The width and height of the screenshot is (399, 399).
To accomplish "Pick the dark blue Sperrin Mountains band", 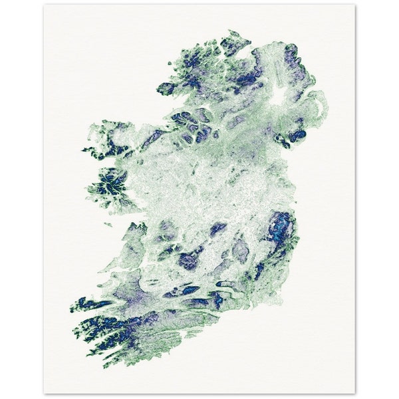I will point(246,80).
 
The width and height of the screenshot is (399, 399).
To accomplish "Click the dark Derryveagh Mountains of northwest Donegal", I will point(194,60).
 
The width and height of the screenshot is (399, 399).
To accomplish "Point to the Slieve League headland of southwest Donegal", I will point(166,88).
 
